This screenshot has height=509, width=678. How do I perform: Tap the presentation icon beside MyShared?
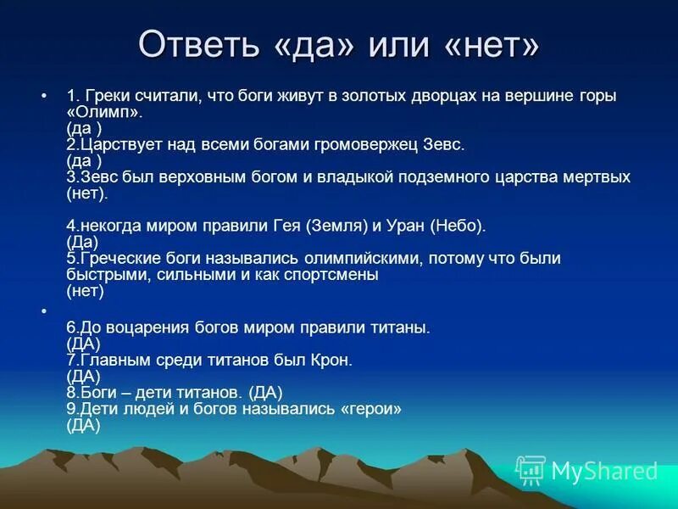[x=531, y=470]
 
